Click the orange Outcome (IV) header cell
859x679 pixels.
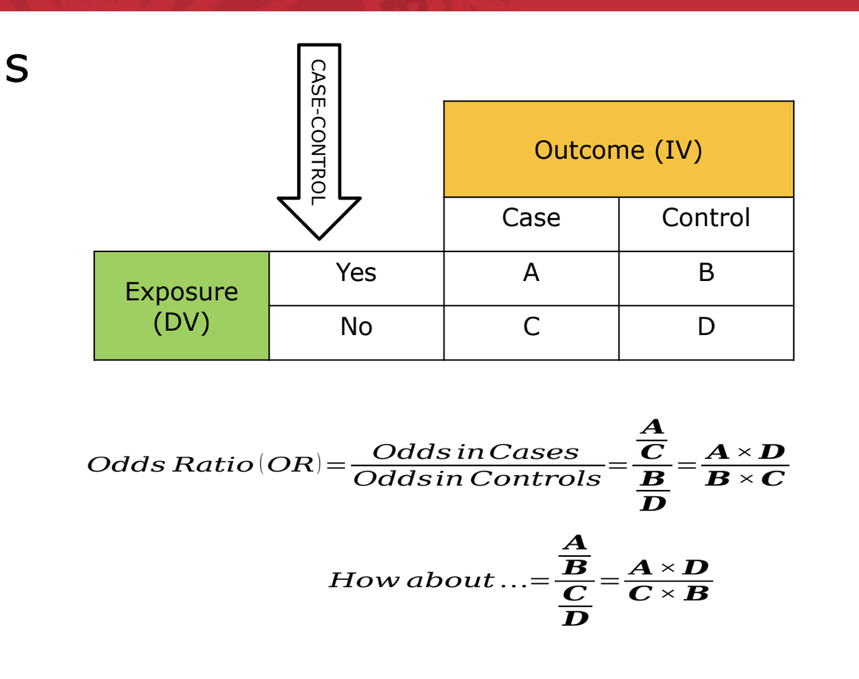tap(618, 149)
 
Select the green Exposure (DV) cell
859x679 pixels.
tap(182, 306)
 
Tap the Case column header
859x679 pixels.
tap(531, 218)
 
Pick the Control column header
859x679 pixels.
tap(705, 218)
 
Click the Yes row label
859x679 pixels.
tap(356, 273)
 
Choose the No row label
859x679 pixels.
tap(356, 327)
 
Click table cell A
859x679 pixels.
tap(531, 273)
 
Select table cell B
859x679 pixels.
tap(706, 273)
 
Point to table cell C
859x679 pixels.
tap(531, 327)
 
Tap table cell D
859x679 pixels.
tap(706, 327)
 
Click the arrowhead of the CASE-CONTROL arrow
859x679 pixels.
tap(319, 216)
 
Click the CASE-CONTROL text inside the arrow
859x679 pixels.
tap(319, 131)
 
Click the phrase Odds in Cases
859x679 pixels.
tap(475, 451)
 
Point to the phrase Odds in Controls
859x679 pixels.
tap(477, 478)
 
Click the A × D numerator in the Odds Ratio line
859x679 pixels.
tap(745, 451)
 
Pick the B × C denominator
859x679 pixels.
tap(745, 478)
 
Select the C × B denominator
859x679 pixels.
tap(668, 593)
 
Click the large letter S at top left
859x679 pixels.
tap(16, 70)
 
